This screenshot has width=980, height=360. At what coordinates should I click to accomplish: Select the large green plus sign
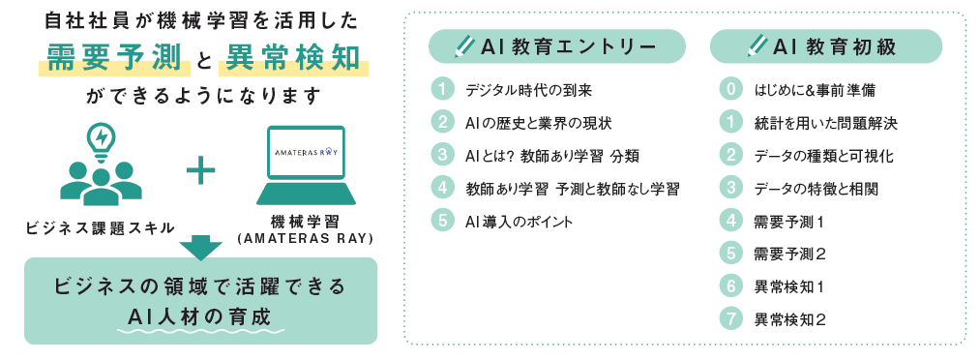199,171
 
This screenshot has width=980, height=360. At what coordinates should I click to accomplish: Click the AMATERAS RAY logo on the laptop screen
306,152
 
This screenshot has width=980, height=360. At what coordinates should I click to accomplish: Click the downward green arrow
200,247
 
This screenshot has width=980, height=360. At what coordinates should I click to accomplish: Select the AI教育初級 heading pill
824,45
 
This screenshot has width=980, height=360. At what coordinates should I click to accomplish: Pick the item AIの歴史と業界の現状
538,123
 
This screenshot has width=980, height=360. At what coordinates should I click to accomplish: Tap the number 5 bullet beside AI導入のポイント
441,221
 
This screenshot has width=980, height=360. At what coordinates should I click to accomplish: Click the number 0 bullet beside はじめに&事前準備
731,90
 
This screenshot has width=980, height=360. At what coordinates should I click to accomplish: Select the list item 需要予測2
788,254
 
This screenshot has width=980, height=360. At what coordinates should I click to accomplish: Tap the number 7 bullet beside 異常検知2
731,318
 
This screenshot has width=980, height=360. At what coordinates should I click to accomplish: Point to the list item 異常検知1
788,286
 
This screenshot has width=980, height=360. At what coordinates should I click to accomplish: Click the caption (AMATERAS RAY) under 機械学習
306,238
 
